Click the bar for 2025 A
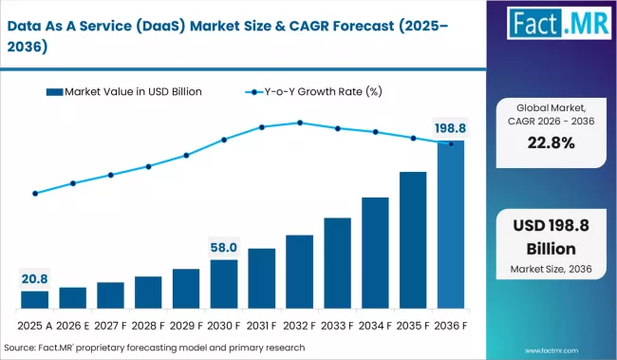[x=34, y=300]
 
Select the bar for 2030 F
[x=224, y=285]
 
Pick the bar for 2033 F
[x=337, y=264]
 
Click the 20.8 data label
[x=34, y=277]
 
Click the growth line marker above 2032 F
[x=300, y=123]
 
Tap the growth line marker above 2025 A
[x=35, y=194]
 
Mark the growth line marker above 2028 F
[x=148, y=166]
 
